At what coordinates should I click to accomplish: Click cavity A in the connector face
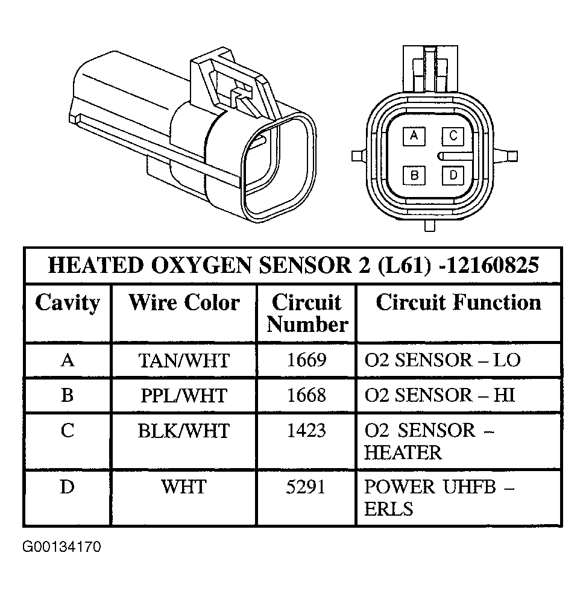[x=414, y=136]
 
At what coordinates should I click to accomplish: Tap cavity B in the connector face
[x=414, y=175]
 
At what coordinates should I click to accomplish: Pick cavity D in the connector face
[x=453, y=175]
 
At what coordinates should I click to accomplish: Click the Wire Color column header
[x=184, y=302]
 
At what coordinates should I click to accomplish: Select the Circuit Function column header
[x=458, y=302]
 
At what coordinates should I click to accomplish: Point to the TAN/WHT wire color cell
[x=184, y=361]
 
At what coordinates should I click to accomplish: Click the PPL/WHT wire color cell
[x=184, y=395]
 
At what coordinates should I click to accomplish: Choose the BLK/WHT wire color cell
[x=184, y=431]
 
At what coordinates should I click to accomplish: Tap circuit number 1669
[x=307, y=360]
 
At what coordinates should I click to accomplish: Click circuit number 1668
[x=307, y=395]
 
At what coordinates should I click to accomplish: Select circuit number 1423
[x=307, y=431]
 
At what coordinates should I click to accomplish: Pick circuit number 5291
[x=306, y=487]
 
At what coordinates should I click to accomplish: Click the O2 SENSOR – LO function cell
[x=443, y=360]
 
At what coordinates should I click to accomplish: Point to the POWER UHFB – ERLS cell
[x=439, y=498]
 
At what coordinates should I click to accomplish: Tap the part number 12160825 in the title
[x=492, y=265]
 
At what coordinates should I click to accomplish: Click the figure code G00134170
[x=61, y=547]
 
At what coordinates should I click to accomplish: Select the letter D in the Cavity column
[x=67, y=487]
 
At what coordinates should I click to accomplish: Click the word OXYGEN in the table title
[x=201, y=265]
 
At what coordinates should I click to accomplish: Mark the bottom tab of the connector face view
[x=429, y=225]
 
